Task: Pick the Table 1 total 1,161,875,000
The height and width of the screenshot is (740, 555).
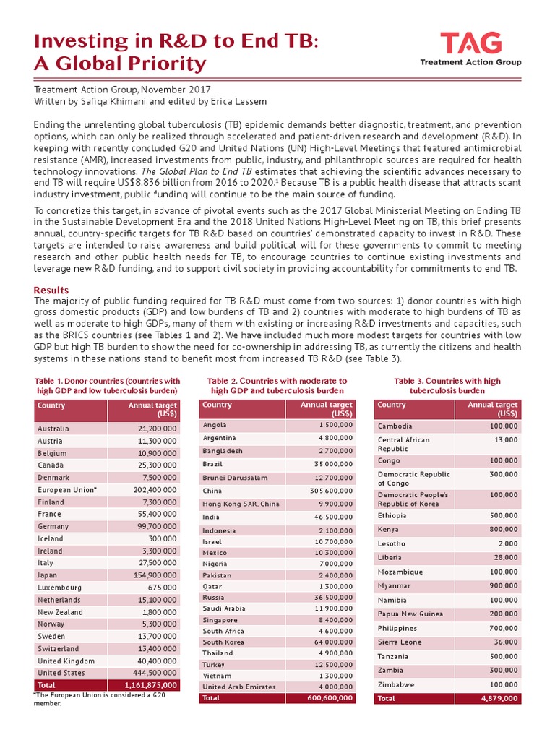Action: click(150, 685)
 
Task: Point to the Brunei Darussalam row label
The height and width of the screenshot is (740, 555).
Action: click(236, 478)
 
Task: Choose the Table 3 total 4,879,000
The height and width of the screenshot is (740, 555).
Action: click(498, 698)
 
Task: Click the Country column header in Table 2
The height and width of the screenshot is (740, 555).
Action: click(218, 405)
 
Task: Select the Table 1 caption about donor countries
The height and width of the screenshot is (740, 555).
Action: click(108, 385)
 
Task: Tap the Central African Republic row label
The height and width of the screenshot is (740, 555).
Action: click(403, 444)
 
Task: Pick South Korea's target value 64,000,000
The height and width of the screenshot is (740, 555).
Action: click(325, 642)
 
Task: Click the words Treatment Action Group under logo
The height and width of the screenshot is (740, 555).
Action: click(470, 63)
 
